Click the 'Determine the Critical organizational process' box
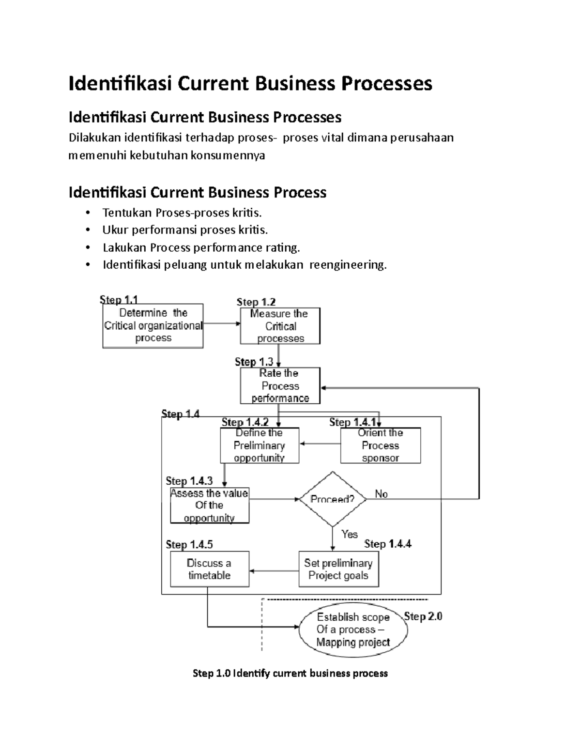pyautogui.click(x=153, y=325)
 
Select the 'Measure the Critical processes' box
pyautogui.click(x=280, y=326)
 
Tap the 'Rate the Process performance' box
pyautogui.click(x=280, y=385)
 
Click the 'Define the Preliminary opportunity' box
pyautogui.click(x=260, y=445)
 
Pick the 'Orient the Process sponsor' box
pyautogui.click(x=381, y=445)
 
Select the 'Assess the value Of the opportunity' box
pyautogui.click(x=210, y=505)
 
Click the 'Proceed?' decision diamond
pyautogui.click(x=333, y=499)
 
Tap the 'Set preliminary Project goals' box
pyautogui.click(x=338, y=569)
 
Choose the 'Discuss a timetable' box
pyautogui.click(x=210, y=569)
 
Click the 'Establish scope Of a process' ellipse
pyautogui.click(x=353, y=629)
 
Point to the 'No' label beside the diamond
pyautogui.click(x=382, y=494)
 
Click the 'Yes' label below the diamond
pyautogui.click(x=349, y=534)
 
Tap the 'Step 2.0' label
pyautogui.click(x=423, y=616)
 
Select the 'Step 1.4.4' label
pyautogui.click(x=388, y=544)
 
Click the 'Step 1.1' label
pyautogui.click(x=119, y=299)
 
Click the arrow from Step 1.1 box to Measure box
pyautogui.click(x=222, y=323)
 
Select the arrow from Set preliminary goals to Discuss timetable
pyautogui.click(x=274, y=570)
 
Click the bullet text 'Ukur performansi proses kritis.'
pyautogui.click(x=185, y=230)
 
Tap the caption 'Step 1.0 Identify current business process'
pyautogui.click(x=290, y=673)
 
